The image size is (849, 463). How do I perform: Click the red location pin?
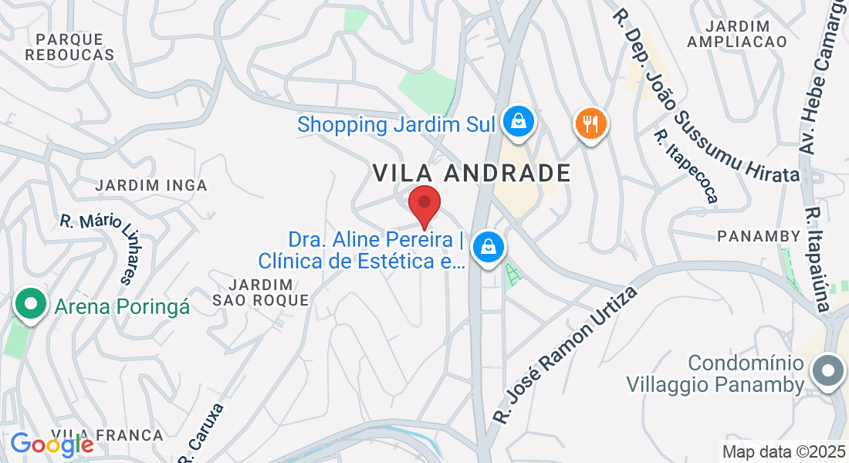(x=424, y=204)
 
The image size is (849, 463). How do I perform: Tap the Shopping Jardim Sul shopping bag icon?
(x=519, y=121)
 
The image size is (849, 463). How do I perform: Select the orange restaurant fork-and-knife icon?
(x=590, y=123)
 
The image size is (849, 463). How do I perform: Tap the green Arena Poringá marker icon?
(x=30, y=303)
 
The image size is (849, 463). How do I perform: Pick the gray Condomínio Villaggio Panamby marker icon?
(x=827, y=371)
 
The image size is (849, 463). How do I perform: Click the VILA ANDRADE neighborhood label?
(x=472, y=173)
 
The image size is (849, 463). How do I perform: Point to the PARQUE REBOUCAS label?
(x=69, y=46)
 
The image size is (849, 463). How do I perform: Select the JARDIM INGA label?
(x=151, y=185)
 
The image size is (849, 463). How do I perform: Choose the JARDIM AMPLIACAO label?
(x=736, y=33)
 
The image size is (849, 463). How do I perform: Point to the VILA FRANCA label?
(x=107, y=435)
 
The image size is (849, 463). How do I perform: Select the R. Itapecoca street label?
(x=685, y=166)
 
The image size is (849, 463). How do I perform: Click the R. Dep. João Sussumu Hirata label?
(x=705, y=96)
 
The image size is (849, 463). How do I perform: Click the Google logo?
(x=52, y=444)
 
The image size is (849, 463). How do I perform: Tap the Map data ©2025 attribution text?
(x=783, y=451)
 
